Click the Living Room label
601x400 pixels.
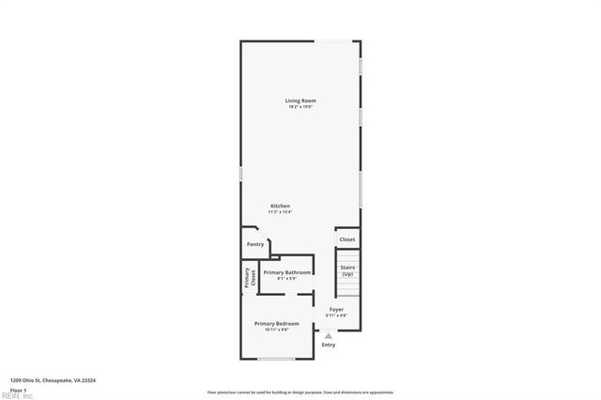300,100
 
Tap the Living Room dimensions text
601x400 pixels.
300,107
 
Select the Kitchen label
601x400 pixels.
281,206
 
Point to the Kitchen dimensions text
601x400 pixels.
281,212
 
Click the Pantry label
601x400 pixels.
255,244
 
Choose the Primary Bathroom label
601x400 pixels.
286,272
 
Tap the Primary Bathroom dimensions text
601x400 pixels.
286,278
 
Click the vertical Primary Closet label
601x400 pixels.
251,277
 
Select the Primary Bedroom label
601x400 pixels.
276,323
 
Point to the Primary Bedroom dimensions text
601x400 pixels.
276,330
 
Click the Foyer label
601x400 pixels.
335,309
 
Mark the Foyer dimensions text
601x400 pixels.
335,315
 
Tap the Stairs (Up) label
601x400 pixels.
347,270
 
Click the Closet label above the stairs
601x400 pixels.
347,239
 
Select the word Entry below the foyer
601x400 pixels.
329,345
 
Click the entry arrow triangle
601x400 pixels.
328,335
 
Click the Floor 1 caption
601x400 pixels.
19,389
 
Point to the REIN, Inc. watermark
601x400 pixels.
18,395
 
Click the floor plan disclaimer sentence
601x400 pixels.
300,392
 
